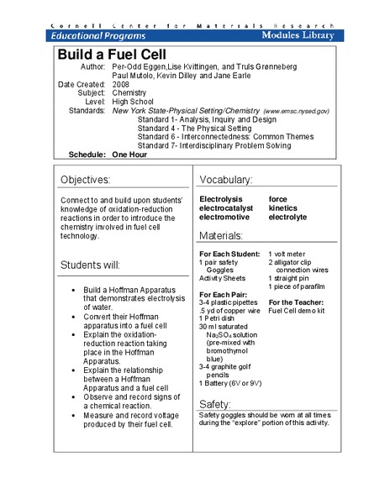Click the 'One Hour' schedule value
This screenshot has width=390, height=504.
pos(133,155)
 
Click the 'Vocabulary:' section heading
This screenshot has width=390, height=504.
pos(226,180)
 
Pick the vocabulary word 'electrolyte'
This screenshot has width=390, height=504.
pos(287,217)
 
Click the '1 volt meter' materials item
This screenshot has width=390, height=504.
pos(291,254)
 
